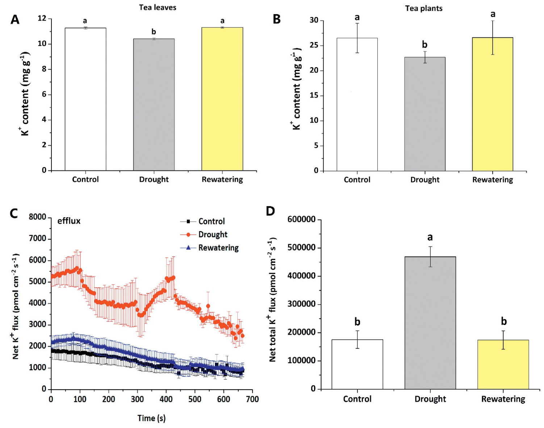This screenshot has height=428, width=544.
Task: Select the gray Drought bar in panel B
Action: click(424, 114)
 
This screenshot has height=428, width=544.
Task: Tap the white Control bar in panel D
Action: click(357, 364)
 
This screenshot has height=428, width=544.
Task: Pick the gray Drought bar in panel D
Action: click(430, 323)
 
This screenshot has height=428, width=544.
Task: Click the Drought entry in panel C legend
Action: click(213, 235)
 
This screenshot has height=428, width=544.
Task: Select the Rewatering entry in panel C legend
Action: click(218, 248)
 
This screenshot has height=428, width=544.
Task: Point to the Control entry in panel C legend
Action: click(211, 221)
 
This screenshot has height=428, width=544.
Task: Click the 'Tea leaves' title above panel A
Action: click(158, 7)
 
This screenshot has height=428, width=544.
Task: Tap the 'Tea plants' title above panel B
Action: click(424, 8)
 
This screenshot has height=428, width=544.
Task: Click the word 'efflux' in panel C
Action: click(69, 221)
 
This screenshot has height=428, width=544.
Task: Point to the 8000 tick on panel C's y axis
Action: click(38, 217)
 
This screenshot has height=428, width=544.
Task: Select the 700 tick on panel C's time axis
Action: click(252, 399)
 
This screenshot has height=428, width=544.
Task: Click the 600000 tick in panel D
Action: click(301, 219)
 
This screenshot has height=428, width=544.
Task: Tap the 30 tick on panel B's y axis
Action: click(314, 20)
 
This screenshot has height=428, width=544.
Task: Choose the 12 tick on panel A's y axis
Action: click(42, 18)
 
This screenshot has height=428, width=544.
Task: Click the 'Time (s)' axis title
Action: click(151, 418)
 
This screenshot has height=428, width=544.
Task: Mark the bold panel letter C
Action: click(14, 213)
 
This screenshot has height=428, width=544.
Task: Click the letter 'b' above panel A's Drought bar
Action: click(154, 32)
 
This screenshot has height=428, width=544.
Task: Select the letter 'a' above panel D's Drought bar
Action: click(430, 237)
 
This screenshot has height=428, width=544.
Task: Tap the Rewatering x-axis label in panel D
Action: click(503, 399)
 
